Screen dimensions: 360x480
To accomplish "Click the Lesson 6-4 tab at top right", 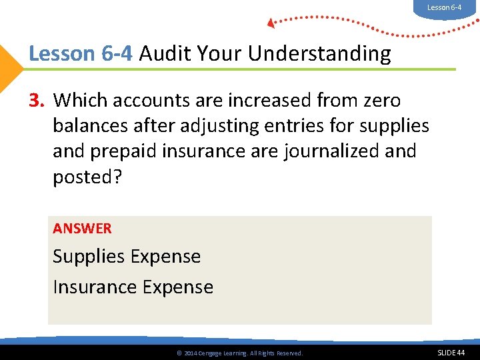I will [x=444, y=8].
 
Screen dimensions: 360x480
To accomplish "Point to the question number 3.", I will [x=37, y=101].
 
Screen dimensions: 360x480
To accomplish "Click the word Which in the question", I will [x=81, y=101].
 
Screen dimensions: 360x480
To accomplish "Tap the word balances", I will [x=90, y=125].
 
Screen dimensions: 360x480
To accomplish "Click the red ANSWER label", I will [x=82, y=229].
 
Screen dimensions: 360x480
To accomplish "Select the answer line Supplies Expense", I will [x=127, y=257].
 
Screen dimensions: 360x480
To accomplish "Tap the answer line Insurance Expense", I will [x=133, y=287].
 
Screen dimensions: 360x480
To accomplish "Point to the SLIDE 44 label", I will [x=451, y=352].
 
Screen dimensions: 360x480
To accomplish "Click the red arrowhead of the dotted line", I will [x=271, y=23].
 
